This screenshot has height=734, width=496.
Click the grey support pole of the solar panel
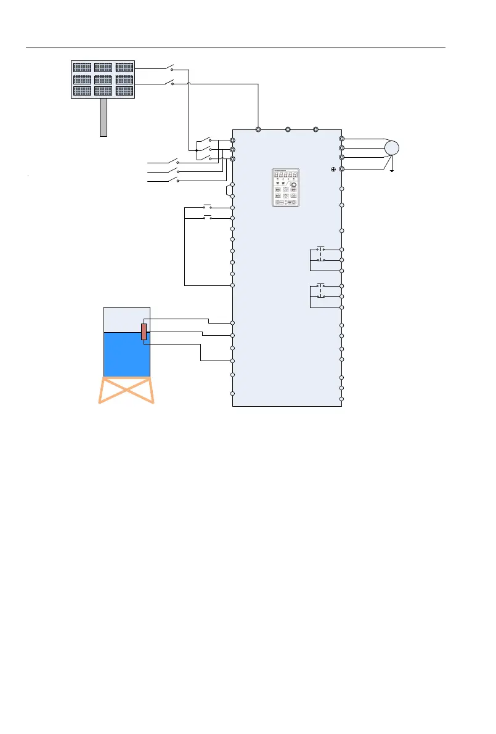(104, 117)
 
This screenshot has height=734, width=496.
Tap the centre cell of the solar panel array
(103, 80)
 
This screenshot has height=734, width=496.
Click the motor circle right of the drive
(391, 149)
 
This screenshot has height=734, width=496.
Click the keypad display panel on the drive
(285, 187)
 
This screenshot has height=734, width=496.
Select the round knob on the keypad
(295, 185)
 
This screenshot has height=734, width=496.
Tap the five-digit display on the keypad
(285, 174)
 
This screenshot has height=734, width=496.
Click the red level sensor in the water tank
(144, 332)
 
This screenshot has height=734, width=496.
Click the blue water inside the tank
(126, 354)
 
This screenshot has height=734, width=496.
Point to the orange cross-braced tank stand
(127, 390)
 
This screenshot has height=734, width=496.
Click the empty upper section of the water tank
(126, 319)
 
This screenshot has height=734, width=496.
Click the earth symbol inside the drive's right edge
(333, 168)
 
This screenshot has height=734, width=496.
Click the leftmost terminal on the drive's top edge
(259, 130)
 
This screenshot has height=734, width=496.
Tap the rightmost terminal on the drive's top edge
(315, 130)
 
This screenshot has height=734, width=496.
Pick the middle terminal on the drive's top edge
(288, 130)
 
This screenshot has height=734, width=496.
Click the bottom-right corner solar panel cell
(124, 91)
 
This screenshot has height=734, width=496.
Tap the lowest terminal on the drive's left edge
(232, 394)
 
